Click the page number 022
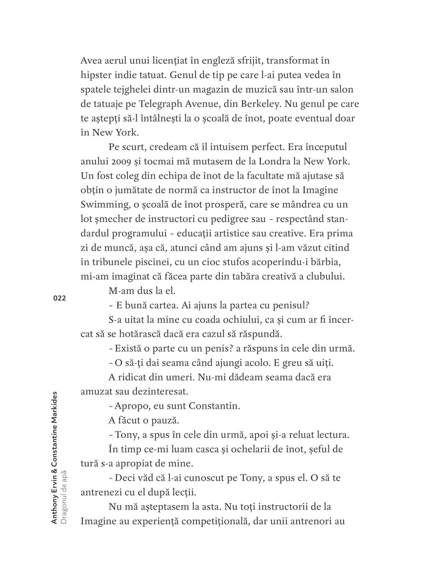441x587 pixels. coord(60,298)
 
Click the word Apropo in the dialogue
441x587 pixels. coord(131,406)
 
